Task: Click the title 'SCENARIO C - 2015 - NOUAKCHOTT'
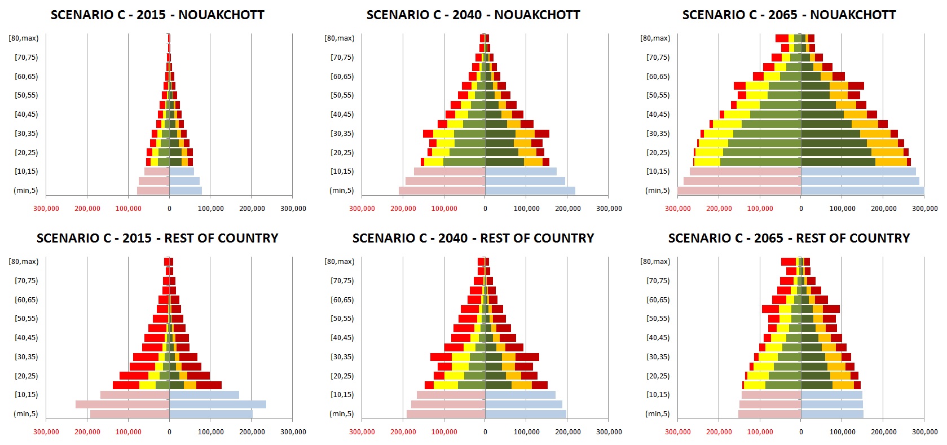click(157, 15)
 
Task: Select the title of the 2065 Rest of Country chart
click(789, 238)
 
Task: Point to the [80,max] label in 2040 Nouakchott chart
click(339, 38)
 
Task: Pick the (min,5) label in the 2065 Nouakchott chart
click(658, 191)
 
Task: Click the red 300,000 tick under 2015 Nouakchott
click(46, 209)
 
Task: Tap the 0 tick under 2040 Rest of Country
click(485, 432)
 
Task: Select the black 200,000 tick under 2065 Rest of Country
click(884, 432)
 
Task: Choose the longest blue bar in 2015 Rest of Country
click(218, 404)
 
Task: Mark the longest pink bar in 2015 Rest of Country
click(122, 404)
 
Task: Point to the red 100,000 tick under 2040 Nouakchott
click(444, 209)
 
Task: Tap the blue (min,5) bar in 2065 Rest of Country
click(832, 414)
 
